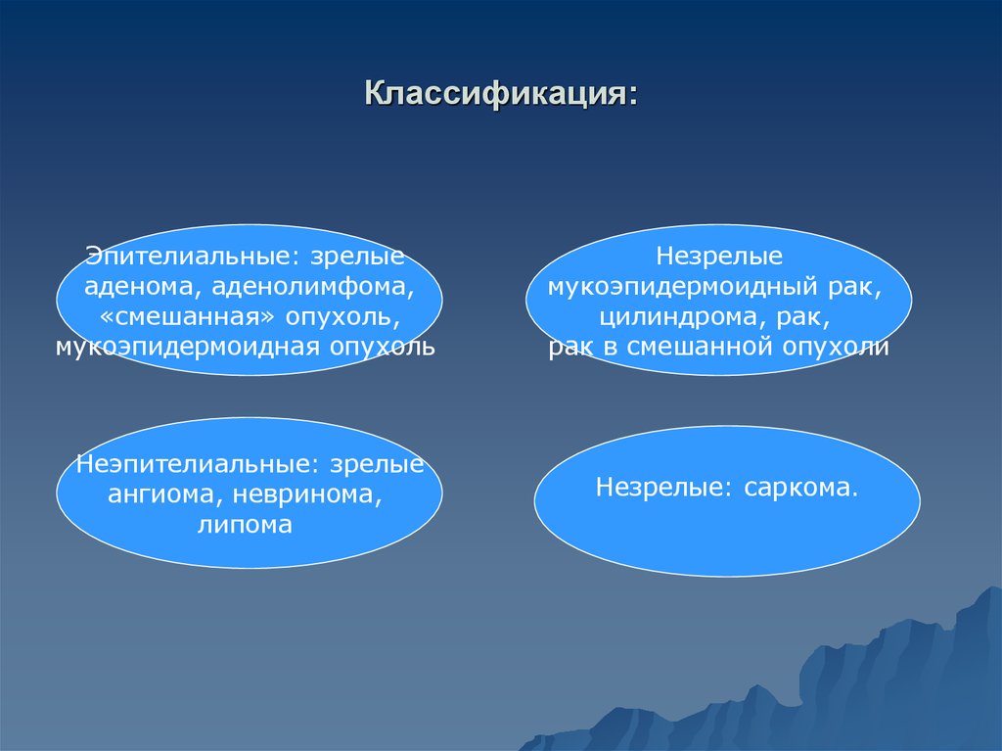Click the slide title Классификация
500,94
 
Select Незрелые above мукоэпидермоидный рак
718,257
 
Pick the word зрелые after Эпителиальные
358,257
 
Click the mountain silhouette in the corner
881,685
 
